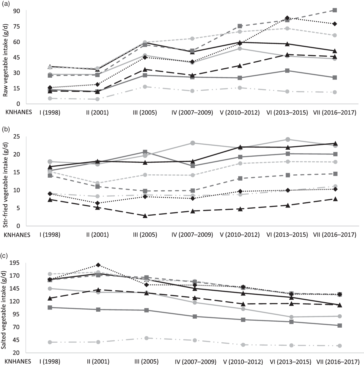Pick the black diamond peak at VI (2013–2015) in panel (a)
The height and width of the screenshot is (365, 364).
pyautogui.click(x=287, y=18)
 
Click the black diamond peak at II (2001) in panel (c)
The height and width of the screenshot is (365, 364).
pyautogui.click(x=98, y=265)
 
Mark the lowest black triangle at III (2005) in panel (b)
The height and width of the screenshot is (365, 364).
pyautogui.click(x=145, y=216)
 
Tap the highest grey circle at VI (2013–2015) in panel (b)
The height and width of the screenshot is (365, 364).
pyautogui.click(x=288, y=139)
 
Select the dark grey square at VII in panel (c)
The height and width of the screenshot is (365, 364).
pyautogui.click(x=340, y=326)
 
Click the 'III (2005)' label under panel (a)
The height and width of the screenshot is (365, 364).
pyautogui.click(x=145, y=113)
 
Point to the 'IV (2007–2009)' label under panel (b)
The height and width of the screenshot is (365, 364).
pyautogui.click(x=192, y=235)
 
